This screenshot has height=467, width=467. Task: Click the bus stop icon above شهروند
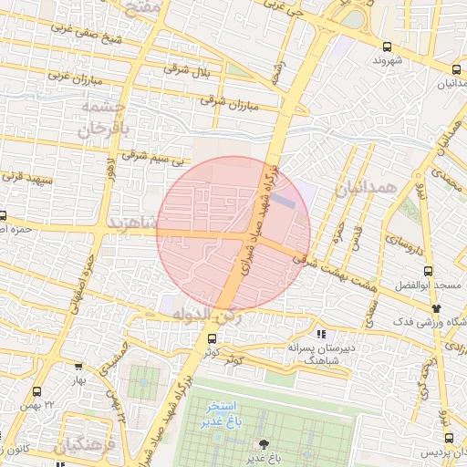pyautogui.click(x=389, y=47)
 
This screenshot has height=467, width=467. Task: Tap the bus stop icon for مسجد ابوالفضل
pyautogui.click(x=430, y=271)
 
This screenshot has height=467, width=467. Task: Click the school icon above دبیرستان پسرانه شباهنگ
pyautogui.click(x=320, y=335)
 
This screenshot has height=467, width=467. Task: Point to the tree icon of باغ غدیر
pyautogui.click(x=264, y=444)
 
